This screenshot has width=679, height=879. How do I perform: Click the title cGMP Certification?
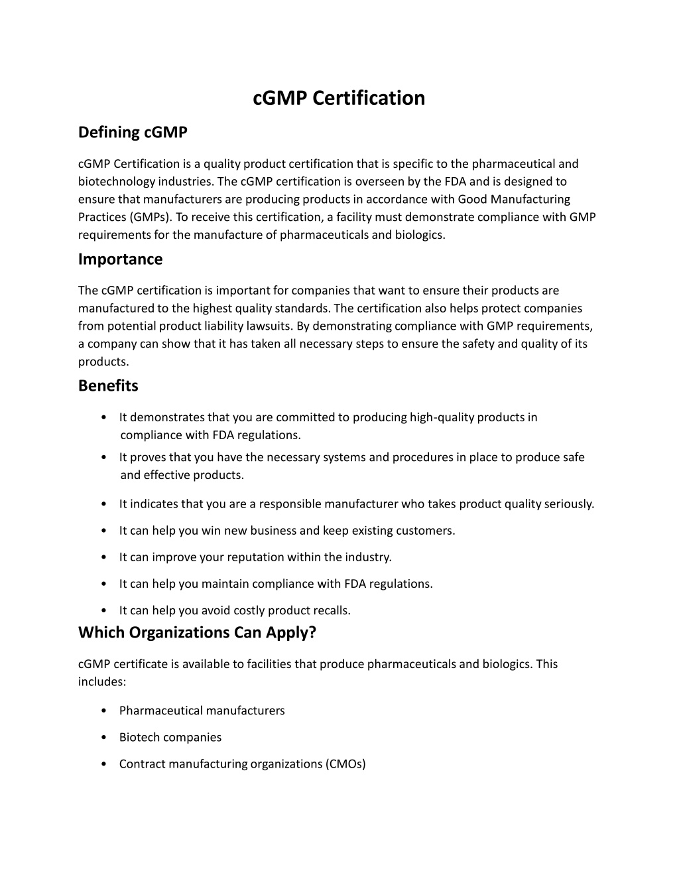[339, 98]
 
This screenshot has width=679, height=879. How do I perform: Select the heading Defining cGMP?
[133, 133]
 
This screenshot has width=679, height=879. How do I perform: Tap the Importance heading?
[120, 259]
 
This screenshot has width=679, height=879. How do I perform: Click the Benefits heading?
[108, 385]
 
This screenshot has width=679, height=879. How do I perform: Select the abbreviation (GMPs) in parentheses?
[151, 218]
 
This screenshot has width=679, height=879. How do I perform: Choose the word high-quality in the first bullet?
[442, 417]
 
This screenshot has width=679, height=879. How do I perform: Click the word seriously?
[569, 504]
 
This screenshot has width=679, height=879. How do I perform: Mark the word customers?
[425, 531]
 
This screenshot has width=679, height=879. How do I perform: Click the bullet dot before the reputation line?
[105, 557]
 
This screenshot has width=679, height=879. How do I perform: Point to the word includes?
[102, 682]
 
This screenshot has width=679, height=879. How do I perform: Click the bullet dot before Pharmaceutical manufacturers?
[105, 711]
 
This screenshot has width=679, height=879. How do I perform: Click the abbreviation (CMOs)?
[345, 764]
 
